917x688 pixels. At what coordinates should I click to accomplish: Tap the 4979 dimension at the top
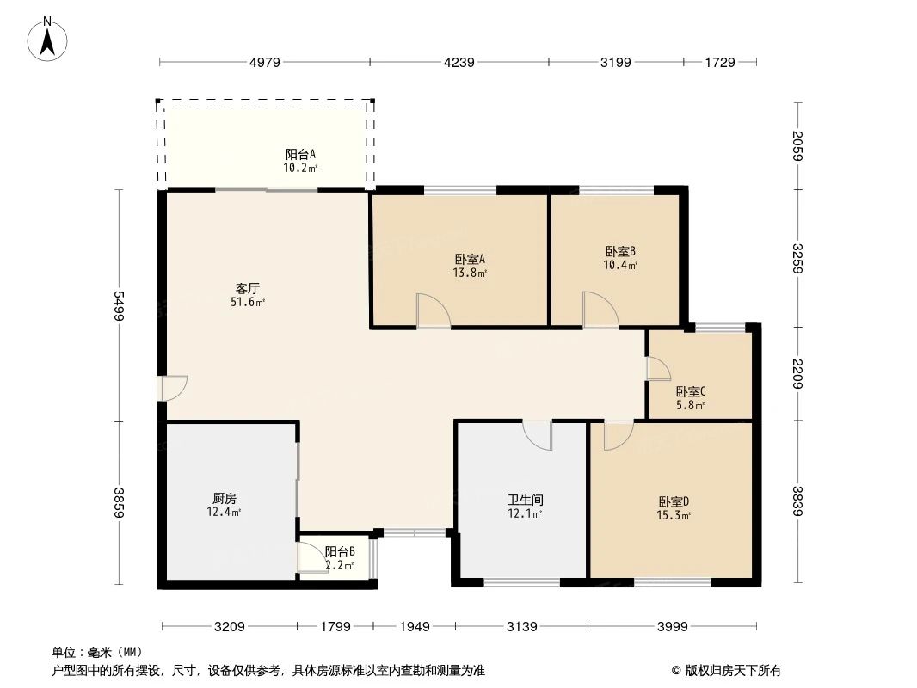click(265, 62)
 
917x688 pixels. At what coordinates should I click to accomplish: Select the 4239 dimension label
click(459, 62)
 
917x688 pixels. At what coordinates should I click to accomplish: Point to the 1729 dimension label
click(719, 62)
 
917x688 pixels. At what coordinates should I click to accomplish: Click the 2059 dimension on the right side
click(798, 145)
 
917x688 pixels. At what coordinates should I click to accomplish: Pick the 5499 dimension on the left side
click(119, 305)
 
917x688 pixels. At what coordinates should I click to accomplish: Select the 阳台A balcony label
click(300, 155)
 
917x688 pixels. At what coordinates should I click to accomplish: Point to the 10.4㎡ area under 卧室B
click(620, 266)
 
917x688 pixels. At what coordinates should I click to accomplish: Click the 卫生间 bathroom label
click(525, 500)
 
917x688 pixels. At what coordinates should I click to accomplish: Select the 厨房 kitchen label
click(224, 498)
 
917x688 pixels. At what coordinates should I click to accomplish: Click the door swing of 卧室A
click(433, 310)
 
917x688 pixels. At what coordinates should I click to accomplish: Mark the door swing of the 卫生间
click(539, 435)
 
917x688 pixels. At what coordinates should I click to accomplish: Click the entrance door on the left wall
click(173, 388)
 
